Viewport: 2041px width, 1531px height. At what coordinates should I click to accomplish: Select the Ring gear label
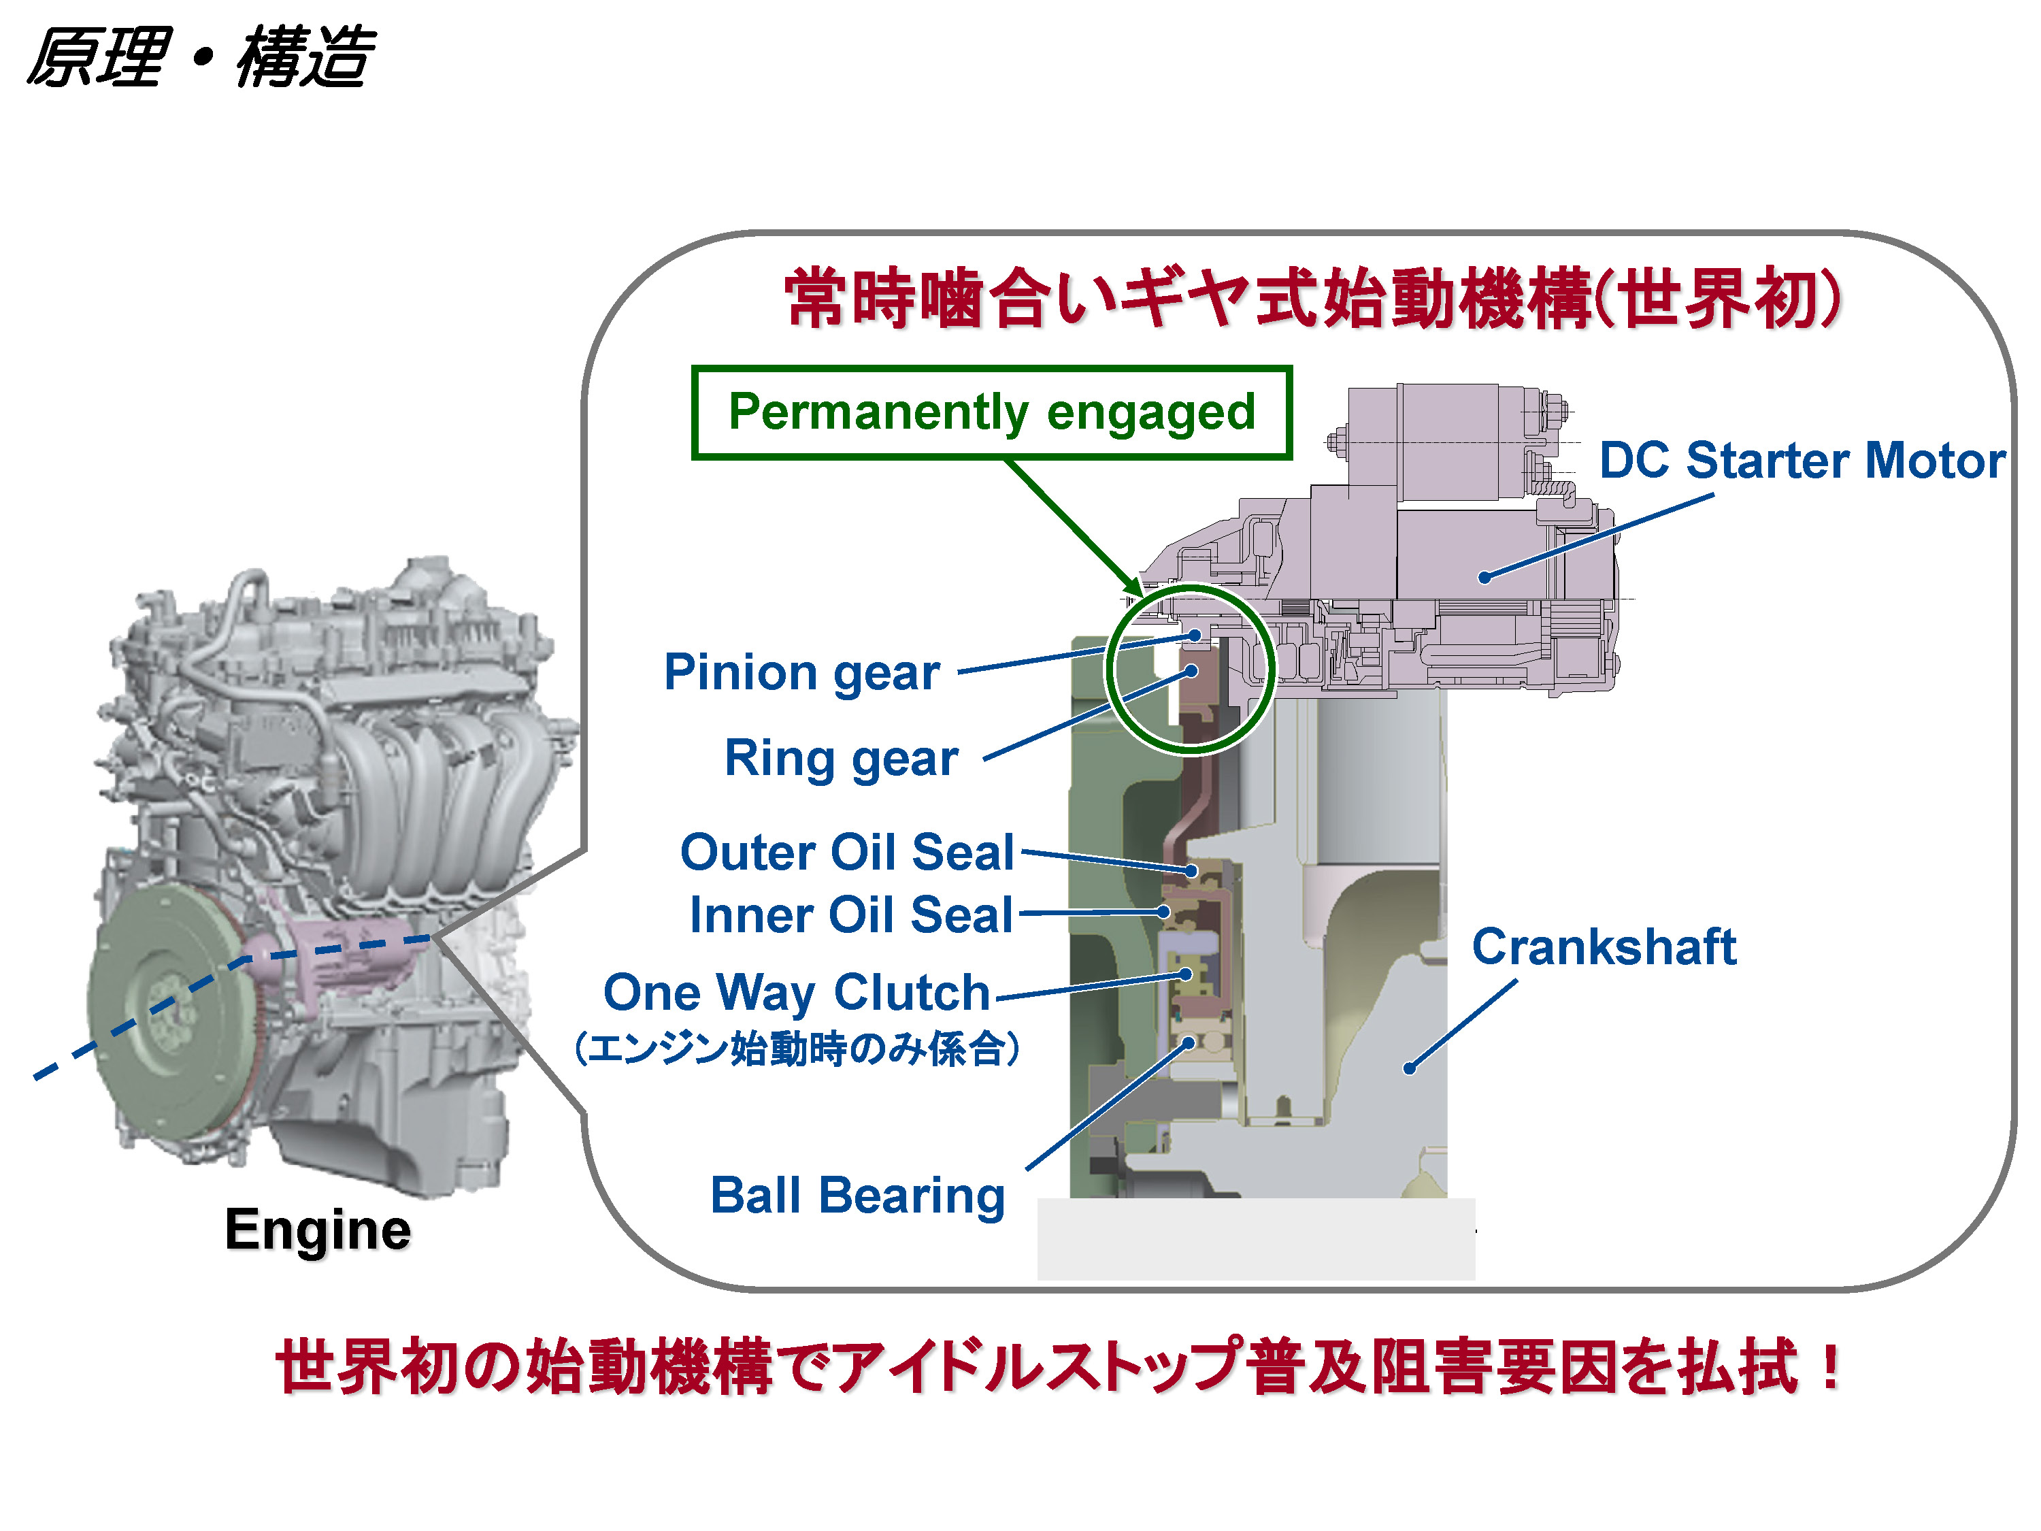tap(841, 759)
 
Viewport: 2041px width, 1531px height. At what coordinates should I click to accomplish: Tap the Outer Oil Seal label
tap(846, 852)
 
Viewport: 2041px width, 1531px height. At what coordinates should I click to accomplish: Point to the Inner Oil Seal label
tap(850, 915)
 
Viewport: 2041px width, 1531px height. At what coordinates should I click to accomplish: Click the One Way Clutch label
tap(795, 993)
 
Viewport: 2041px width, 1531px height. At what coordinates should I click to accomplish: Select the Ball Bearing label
tap(857, 1196)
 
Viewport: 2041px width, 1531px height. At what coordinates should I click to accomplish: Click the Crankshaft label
tap(1603, 947)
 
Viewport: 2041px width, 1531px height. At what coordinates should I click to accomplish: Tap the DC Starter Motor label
tap(1800, 461)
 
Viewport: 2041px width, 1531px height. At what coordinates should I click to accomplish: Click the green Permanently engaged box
tap(991, 412)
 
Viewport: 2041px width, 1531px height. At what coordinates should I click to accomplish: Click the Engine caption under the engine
tap(318, 1230)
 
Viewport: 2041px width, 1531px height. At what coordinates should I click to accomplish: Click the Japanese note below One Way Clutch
tap(795, 1049)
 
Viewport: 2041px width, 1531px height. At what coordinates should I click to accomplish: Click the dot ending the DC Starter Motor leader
tap(1484, 578)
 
